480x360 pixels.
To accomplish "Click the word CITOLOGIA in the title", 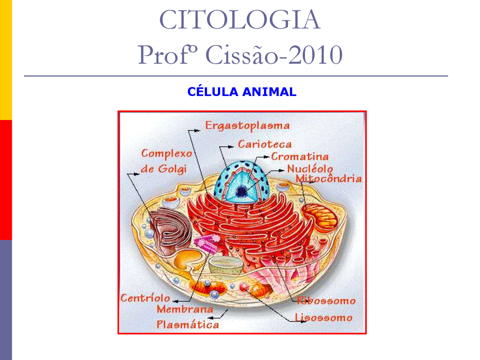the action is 240,20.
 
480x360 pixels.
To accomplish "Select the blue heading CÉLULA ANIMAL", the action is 242,91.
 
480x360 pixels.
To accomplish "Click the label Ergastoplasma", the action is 247,126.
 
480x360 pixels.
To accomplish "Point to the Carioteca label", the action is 265,144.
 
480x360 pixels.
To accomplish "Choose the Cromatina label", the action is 300,156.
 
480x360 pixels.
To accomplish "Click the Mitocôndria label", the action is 328,178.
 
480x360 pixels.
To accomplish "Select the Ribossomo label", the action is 326,301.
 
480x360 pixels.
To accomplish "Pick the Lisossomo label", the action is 324,318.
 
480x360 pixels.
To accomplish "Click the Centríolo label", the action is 145,298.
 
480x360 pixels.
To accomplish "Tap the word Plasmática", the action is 187,325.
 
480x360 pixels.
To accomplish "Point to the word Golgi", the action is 172,169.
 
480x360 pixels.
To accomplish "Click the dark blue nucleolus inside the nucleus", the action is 241,192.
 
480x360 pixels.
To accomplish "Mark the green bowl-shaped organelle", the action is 225,265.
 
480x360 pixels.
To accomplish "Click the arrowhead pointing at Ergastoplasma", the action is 197,131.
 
